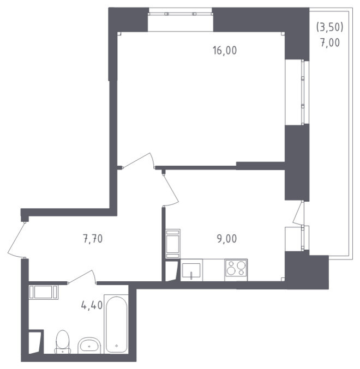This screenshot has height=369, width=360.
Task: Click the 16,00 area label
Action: click(225, 51)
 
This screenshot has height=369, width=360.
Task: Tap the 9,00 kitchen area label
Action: click(226, 239)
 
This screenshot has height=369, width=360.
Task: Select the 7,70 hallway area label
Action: click(93, 239)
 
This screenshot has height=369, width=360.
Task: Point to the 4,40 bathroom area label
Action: click(92, 305)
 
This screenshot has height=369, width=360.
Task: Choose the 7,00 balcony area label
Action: click(330, 43)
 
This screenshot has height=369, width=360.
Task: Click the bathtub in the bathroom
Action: click(116, 324)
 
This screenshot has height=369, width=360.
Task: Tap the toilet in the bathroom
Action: click(63, 342)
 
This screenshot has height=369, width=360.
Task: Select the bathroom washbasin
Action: click(89, 346)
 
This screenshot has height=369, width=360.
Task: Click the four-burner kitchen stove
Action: click(236, 270)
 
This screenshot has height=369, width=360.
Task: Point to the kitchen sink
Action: click(191, 270)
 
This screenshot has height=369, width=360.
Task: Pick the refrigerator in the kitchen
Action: click(173, 244)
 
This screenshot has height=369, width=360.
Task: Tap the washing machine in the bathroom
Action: click(44, 292)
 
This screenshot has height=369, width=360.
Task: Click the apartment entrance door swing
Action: click(16, 239)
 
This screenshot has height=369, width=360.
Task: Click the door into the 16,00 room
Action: click(139, 160)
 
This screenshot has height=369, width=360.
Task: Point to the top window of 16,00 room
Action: click(181, 14)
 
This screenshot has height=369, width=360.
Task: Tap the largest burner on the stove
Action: click(241, 265)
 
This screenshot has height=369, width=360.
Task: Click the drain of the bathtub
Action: click(117, 346)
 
